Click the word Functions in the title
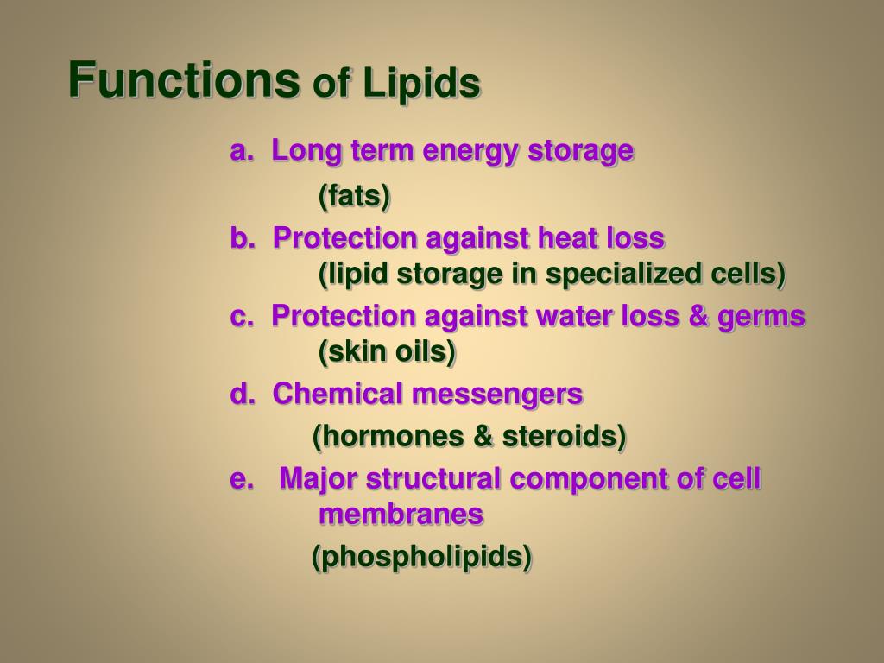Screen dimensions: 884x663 [x=184, y=79]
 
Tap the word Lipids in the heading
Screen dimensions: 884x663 [x=421, y=83]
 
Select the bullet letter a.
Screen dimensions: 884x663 [x=241, y=151]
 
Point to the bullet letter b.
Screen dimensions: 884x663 [x=243, y=238]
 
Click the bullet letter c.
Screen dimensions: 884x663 [x=242, y=317]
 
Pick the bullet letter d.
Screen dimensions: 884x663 [x=243, y=393]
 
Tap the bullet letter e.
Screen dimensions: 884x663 [x=242, y=479]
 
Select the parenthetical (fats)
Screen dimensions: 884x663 [x=354, y=196]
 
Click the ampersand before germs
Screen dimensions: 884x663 [x=698, y=316]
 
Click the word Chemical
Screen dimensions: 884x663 [x=338, y=393]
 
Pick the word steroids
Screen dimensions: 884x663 [x=564, y=436]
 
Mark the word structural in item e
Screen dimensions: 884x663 [x=433, y=478]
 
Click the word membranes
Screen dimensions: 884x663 [x=401, y=515]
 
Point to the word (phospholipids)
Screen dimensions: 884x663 [x=421, y=557]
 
